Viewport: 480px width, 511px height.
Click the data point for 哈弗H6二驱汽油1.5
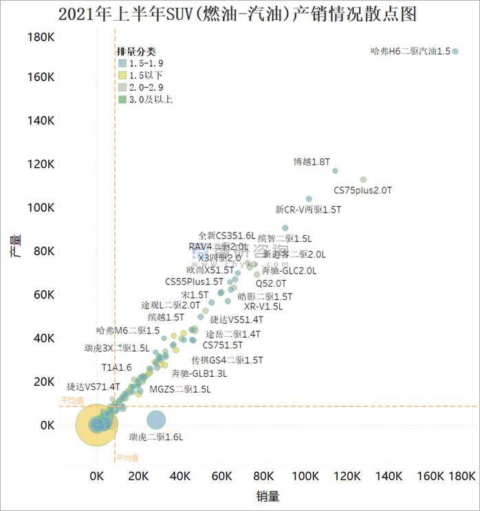tap(455, 51)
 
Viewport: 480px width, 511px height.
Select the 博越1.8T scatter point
tap(335, 171)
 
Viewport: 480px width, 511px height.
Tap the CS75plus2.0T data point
tap(363, 180)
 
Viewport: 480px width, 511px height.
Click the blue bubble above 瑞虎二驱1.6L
tap(156, 419)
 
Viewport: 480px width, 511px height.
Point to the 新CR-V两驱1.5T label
tap(307, 209)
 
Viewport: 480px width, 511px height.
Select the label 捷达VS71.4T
tap(93, 387)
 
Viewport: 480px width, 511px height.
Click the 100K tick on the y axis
tap(41, 208)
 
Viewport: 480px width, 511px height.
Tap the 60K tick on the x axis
tap(222, 476)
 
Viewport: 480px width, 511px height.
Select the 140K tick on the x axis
tap(389, 476)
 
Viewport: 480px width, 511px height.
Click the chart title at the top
tap(238, 14)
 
